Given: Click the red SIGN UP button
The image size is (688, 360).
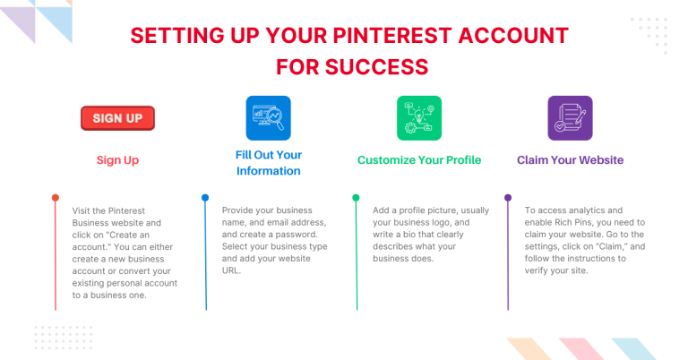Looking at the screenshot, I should (117, 118).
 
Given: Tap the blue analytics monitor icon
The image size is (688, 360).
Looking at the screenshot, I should (268, 118).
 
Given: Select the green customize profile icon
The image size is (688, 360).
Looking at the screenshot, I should (419, 118).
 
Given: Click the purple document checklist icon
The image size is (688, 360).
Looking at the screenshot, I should (570, 118).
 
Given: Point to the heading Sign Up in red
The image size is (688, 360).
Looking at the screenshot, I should (117, 160).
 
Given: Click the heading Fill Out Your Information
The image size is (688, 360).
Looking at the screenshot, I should (268, 162).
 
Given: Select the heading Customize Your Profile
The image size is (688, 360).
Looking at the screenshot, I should (419, 160).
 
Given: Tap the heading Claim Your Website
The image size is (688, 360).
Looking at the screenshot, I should (570, 160).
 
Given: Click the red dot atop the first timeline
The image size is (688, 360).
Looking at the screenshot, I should (56, 197).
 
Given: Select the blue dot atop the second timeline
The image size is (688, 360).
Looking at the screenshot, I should (205, 197).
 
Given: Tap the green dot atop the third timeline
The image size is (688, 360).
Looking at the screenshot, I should (356, 197).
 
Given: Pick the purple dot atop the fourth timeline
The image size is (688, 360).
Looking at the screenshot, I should (507, 197).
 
